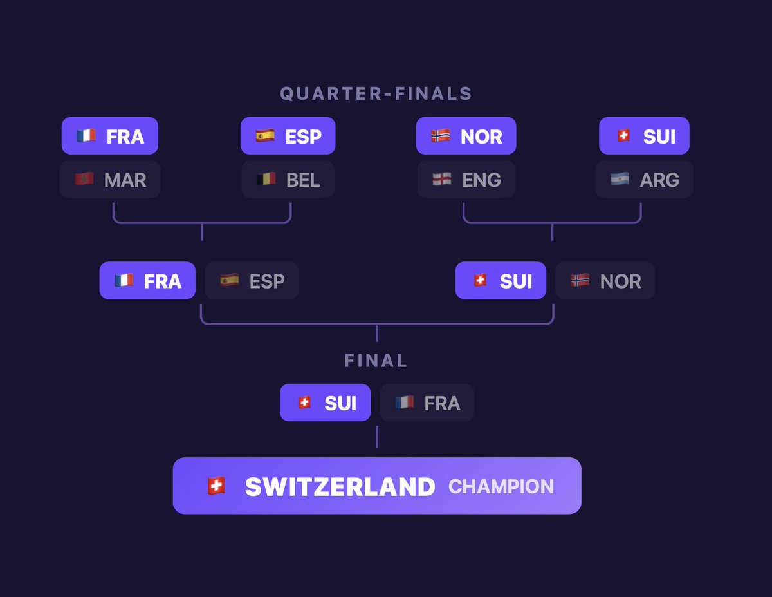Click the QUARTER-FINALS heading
(376, 93)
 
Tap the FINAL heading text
(376, 360)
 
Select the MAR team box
(110, 179)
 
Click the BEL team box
(288, 179)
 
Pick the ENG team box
(466, 179)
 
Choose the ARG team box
(644, 179)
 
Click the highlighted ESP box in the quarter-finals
(288, 136)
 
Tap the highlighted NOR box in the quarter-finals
(466, 136)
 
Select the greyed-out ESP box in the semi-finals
(252, 281)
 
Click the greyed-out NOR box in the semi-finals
(605, 281)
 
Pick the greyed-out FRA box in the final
(427, 403)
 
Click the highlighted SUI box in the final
(325, 403)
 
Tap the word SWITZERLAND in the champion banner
(340, 486)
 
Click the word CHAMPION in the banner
(501, 486)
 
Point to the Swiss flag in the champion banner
(216, 486)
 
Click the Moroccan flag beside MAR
(84, 179)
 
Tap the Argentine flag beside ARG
(620, 179)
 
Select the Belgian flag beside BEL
(266, 179)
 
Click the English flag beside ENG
(442, 179)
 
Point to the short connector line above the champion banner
(377, 437)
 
